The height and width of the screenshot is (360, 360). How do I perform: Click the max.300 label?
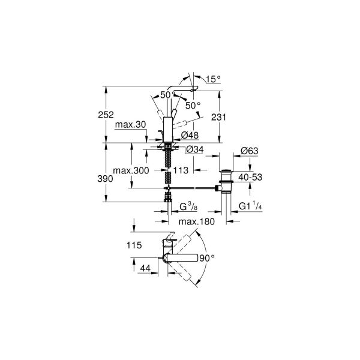click(x=130, y=171)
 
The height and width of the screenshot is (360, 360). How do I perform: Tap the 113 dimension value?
click(x=181, y=171)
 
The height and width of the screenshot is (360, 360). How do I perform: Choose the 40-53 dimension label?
click(x=250, y=177)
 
